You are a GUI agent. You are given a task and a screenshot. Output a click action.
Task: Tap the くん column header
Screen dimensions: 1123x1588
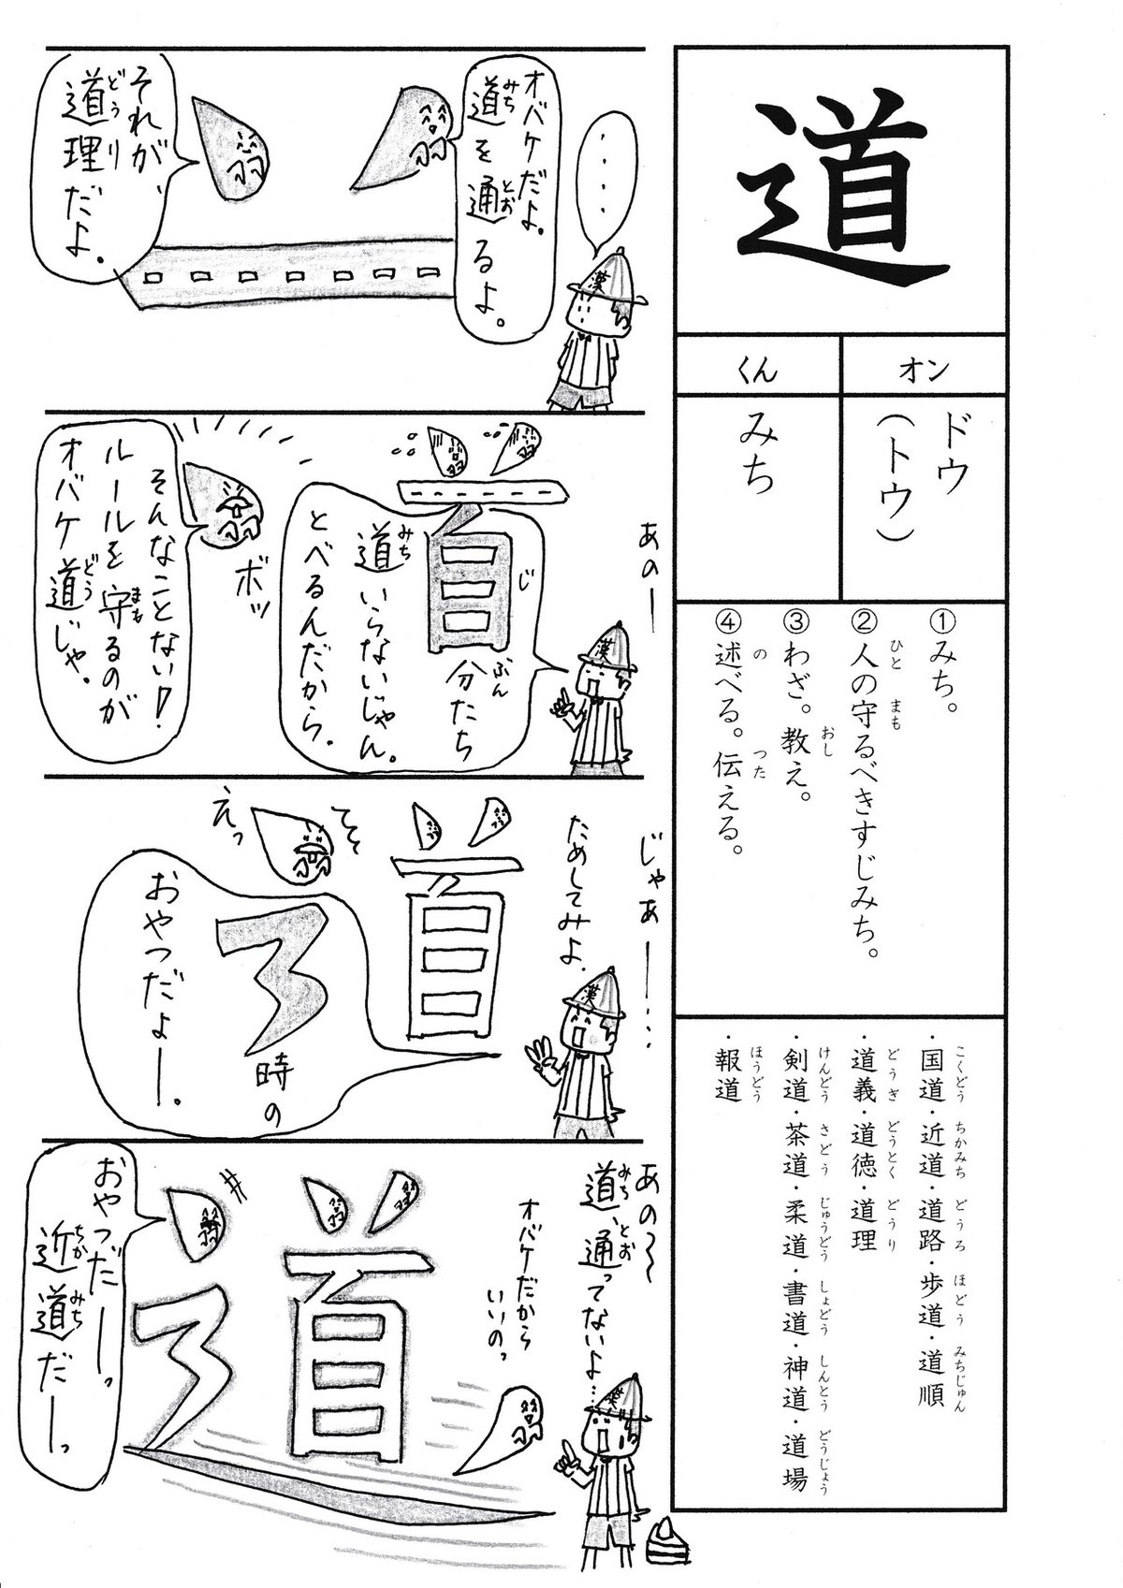758,371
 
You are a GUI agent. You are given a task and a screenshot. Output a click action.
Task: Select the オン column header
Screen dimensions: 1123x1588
924,371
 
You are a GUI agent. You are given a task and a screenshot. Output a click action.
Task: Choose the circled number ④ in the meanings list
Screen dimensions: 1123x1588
731,624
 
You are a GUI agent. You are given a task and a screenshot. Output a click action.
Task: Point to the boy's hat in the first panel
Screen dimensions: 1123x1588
613,279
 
